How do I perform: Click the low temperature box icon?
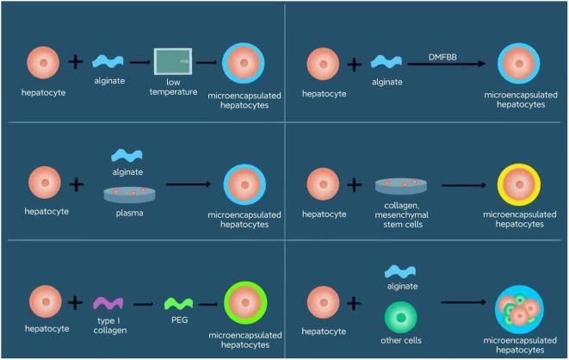point(172,62)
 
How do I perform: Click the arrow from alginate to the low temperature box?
point(138,62)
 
